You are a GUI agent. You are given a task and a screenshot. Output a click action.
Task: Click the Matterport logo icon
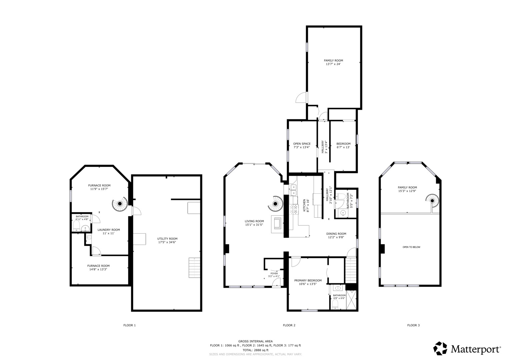(x=440, y=348)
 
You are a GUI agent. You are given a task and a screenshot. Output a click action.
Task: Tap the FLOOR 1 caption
(x=130, y=325)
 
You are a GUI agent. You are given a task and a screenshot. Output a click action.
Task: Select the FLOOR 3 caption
(x=413, y=325)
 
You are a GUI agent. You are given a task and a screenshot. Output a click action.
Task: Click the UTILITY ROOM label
(x=167, y=239)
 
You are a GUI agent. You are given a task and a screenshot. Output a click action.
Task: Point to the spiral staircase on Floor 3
(x=432, y=201)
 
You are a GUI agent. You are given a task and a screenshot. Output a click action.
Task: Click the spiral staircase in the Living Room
(x=276, y=204)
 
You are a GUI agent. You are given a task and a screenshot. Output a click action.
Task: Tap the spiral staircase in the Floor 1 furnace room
(x=120, y=204)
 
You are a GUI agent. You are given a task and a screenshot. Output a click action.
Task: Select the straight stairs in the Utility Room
(x=194, y=267)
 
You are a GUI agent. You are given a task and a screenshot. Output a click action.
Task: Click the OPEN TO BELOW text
(x=411, y=247)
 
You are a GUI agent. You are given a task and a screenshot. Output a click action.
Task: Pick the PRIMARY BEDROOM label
(x=308, y=280)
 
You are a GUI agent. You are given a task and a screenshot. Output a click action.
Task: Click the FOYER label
(x=274, y=274)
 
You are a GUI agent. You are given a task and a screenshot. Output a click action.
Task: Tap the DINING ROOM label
(x=336, y=234)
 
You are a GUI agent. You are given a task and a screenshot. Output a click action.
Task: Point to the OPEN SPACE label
(x=302, y=144)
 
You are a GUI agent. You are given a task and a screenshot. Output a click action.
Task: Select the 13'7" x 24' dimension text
(x=333, y=64)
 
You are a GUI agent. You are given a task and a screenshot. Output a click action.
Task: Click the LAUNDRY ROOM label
(x=109, y=230)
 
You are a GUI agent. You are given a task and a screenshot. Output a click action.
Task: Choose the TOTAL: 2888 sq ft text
(x=255, y=350)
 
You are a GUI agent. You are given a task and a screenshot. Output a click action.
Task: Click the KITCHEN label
(x=304, y=204)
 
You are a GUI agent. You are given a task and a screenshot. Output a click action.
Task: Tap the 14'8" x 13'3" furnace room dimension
(x=98, y=269)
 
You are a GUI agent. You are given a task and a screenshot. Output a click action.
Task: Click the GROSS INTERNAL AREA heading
(x=255, y=341)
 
